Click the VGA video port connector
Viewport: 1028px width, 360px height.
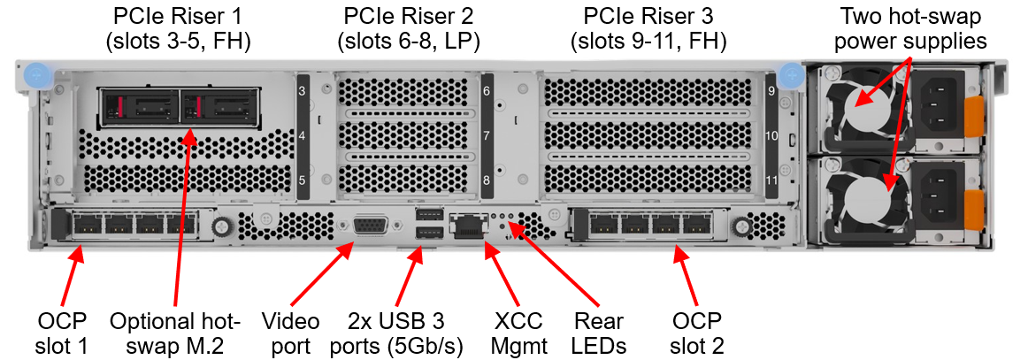click(370, 226)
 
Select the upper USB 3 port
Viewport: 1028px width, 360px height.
click(428, 214)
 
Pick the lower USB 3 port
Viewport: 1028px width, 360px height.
click(428, 233)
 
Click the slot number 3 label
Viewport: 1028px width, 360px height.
click(302, 92)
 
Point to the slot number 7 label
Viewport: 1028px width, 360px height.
click(487, 137)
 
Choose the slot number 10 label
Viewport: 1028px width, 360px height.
click(771, 137)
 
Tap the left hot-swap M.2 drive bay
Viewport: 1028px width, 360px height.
click(140, 105)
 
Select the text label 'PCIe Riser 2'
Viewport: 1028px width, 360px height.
click(408, 14)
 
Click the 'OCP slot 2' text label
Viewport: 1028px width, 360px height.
click(697, 333)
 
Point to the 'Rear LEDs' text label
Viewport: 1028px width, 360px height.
click(600, 333)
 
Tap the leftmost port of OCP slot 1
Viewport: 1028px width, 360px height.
click(87, 226)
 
